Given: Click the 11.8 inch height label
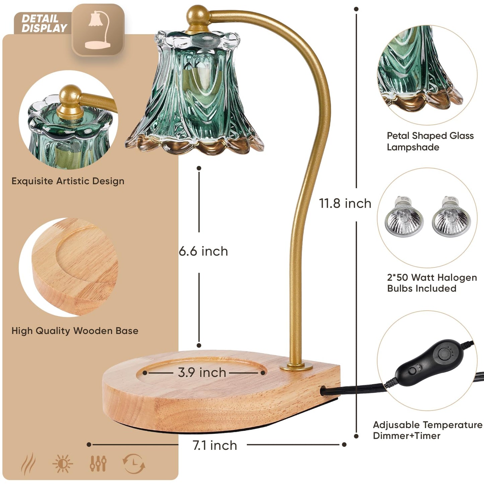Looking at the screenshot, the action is coord(345,203).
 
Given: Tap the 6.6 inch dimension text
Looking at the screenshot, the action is coord(203,252).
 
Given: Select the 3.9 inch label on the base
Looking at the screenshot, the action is coord(202,372).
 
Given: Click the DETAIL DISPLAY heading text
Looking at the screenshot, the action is coord(44,23).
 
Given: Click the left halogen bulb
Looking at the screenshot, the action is coord(404,217).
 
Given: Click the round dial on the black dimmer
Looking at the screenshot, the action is coord(447,354).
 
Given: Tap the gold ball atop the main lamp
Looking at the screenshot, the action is coord(198,16).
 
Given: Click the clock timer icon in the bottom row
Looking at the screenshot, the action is coord(134,464).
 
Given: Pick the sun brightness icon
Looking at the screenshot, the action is coord(63,464).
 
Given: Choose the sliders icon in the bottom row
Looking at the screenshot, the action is coord(98,464).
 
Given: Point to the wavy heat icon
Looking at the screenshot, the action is coord(28,464).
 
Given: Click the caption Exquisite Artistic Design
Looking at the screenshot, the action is coord(68,181).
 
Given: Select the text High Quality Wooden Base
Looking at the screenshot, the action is coord(75,331).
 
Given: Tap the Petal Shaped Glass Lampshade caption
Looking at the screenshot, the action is coord(430,141).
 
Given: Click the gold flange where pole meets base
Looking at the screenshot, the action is coord(296,367).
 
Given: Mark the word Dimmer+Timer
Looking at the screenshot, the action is coord(407,436).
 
